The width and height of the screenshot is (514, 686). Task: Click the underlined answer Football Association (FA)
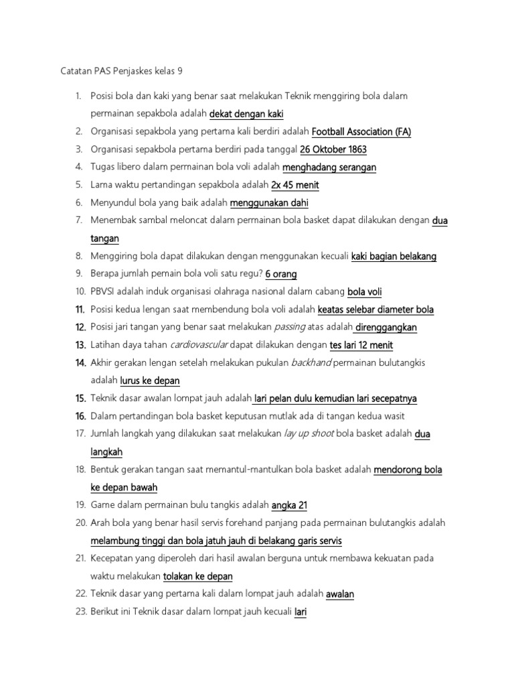[361, 132]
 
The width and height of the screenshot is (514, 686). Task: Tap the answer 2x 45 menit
[295, 185]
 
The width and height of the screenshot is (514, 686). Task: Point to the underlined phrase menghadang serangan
[329, 167]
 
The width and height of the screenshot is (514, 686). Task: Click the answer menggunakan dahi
[269, 203]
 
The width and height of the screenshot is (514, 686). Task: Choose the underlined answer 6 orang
[281, 274]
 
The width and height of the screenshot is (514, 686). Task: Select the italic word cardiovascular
[199, 345]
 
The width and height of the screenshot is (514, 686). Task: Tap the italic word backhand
[311, 362]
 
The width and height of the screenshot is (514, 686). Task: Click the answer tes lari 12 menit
[361, 345]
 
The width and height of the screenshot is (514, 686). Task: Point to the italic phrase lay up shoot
[309, 433]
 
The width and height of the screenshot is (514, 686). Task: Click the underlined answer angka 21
[289, 504]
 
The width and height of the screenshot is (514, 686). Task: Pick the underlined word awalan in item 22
[340, 594]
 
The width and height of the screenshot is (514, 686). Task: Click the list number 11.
[80, 310]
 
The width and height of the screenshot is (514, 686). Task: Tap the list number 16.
[80, 416]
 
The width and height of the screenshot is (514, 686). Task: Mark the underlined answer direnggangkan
[386, 327]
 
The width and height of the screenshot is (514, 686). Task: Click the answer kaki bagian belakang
[394, 256]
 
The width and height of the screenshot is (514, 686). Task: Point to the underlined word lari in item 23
[301, 611]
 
